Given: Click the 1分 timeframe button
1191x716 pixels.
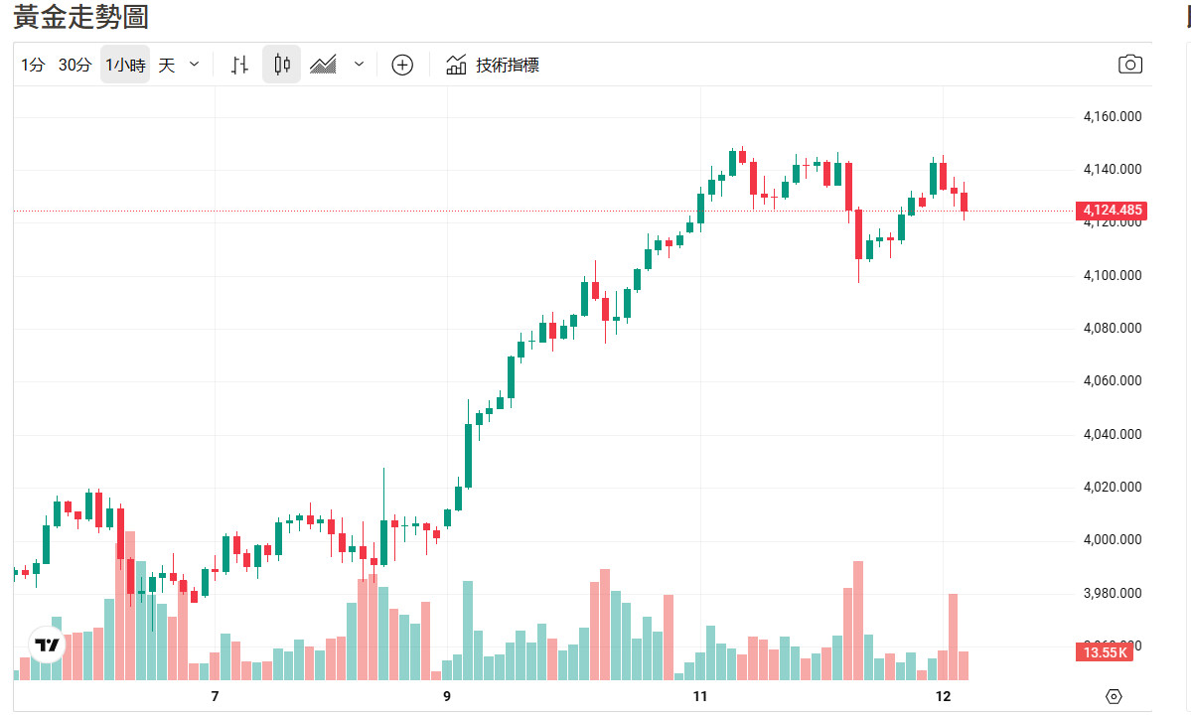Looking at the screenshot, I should click(x=33, y=66).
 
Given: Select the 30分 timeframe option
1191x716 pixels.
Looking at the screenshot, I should click(x=74, y=66).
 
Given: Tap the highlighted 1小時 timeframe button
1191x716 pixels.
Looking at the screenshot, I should click(x=125, y=66).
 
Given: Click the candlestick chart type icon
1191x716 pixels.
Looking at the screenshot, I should click(x=281, y=66).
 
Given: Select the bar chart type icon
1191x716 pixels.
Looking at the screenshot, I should click(x=239, y=66).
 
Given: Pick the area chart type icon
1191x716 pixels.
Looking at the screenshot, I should click(x=324, y=66).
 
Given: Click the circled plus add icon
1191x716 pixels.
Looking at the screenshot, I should click(x=402, y=66).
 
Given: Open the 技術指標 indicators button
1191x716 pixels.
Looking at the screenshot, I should click(x=493, y=66).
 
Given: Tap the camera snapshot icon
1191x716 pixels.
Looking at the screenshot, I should click(x=1129, y=66).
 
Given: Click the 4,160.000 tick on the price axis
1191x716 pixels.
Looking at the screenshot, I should click(x=1112, y=117).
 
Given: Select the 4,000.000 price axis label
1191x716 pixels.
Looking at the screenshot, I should click(x=1112, y=540).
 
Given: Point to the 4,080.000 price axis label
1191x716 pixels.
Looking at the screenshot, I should click(x=1112, y=329).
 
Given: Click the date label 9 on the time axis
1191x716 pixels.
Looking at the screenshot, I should click(x=447, y=696).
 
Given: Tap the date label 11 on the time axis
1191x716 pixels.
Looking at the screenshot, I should click(x=700, y=696).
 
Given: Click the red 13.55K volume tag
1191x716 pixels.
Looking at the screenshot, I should click(x=1105, y=652).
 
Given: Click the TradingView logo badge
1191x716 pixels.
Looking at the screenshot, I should click(x=47, y=645).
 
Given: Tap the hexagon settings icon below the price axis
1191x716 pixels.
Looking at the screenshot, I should click(x=1114, y=696).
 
